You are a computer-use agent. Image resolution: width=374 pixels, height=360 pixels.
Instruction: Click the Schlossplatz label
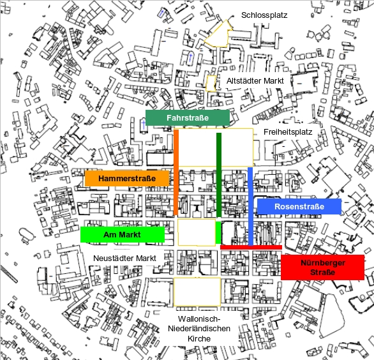264,15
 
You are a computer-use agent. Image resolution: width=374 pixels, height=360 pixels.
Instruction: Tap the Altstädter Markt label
255,81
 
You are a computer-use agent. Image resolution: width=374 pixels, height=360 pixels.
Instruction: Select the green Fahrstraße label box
188,117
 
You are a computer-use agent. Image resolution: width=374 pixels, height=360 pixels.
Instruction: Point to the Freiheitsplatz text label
288,132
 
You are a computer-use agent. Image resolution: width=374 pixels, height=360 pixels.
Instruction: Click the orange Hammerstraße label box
127,178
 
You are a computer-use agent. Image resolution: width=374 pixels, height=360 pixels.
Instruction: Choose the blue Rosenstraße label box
299,206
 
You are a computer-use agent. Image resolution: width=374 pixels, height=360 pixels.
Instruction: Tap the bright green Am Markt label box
123,234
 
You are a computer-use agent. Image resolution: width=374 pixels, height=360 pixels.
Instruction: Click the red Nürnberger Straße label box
322,267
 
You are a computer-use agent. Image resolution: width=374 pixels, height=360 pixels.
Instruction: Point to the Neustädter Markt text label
124,258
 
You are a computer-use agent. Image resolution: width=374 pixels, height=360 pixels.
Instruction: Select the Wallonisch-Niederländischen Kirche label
199,329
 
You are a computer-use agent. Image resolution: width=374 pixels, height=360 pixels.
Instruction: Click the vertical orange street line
176,172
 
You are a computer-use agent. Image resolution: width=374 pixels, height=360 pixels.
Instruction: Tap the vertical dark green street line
219,175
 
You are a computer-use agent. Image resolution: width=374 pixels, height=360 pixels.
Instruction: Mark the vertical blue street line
250,206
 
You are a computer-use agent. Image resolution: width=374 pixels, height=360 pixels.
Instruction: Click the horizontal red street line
251,248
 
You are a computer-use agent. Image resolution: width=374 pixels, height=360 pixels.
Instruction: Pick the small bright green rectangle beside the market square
218,232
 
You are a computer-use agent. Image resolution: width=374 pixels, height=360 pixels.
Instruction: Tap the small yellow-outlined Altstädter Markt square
211,83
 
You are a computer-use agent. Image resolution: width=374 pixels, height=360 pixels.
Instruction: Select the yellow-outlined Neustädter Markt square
197,232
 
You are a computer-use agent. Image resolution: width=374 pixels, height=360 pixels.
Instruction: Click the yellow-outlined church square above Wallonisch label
197,292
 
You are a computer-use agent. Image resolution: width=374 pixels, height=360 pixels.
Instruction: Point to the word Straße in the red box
322,272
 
